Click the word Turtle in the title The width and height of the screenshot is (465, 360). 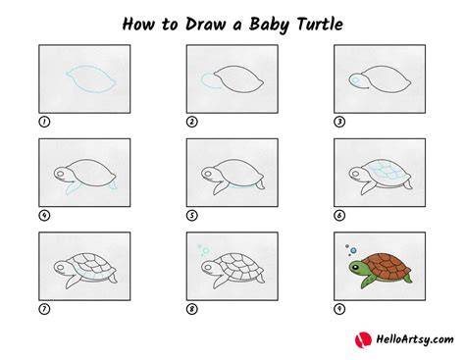320,25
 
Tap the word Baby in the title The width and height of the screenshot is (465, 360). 269,26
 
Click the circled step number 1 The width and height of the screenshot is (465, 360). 44,122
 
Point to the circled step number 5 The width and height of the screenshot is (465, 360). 192,216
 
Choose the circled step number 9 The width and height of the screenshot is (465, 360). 339,309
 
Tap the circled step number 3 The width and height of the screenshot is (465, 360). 339,122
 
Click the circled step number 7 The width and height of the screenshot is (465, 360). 44,309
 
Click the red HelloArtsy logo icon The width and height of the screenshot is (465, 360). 363,339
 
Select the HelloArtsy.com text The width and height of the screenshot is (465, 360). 415,339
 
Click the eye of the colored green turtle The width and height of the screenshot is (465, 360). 355,268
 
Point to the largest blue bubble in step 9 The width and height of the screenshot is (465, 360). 353,251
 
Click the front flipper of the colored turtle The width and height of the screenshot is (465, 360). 368,281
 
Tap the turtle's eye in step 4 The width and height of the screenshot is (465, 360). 60,174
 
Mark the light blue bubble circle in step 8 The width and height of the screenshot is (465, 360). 205,251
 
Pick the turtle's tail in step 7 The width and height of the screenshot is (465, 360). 113,279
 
